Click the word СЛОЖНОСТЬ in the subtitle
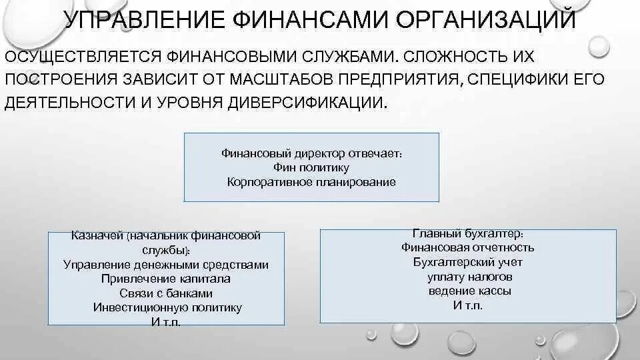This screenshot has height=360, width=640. [x=431, y=57]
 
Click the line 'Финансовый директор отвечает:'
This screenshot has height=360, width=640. [x=311, y=153]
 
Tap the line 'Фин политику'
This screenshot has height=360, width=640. [x=311, y=167]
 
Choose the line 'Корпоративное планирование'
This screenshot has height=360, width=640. [x=311, y=181]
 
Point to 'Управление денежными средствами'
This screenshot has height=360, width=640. [x=166, y=265]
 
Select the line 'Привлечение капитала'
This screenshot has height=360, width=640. [x=166, y=279]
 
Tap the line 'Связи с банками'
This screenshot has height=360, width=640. [x=166, y=293]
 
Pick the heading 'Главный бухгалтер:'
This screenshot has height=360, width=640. [x=467, y=233]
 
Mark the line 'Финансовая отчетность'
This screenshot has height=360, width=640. [x=467, y=247]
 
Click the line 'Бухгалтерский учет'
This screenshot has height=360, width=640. [x=467, y=262]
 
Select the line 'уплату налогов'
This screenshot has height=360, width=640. [x=467, y=277]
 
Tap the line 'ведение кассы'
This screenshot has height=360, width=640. [x=467, y=291]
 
